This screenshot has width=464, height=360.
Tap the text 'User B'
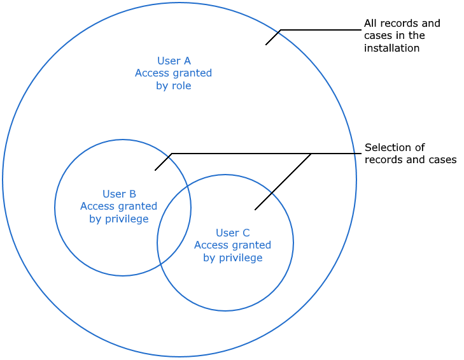(119, 194)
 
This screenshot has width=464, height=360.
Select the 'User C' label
(232, 233)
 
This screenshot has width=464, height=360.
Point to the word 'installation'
(391, 48)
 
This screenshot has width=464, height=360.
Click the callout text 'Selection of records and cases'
(410, 154)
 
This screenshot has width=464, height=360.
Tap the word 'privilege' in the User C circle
(241, 257)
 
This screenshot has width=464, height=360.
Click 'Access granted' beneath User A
(174, 73)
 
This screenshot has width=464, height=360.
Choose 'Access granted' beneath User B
(119, 206)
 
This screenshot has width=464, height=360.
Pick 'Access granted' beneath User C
(232, 245)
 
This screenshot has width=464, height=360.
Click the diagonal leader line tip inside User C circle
(255, 209)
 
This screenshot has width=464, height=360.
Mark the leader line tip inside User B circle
(155, 170)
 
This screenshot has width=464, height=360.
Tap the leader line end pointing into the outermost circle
(266, 44)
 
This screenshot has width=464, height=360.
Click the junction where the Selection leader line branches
(311, 154)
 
